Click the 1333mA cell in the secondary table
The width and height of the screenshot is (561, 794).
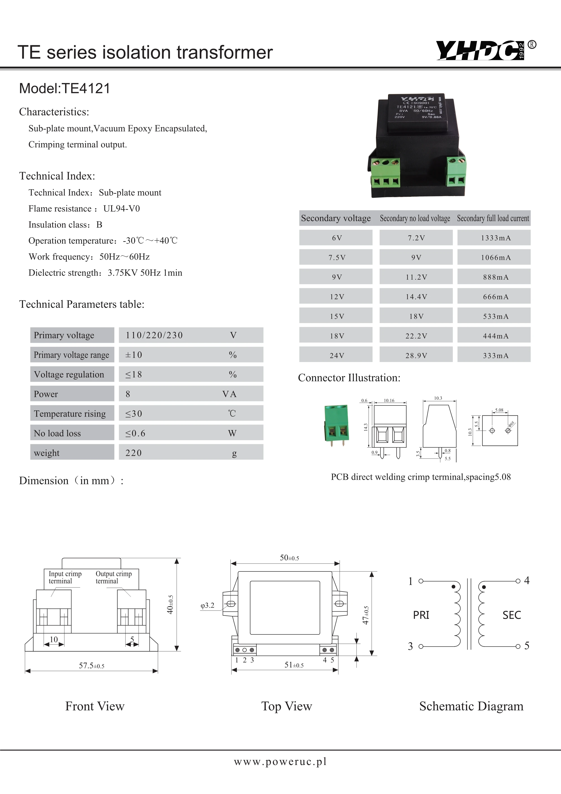click(495, 238)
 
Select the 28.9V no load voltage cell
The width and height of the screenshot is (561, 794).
click(416, 355)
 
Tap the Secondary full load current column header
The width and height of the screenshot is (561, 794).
click(493, 218)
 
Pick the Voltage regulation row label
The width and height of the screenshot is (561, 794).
click(69, 374)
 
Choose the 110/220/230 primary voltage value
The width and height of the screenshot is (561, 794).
click(154, 335)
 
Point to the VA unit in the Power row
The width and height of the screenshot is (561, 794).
click(229, 394)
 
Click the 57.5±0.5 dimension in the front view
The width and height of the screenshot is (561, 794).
click(92, 666)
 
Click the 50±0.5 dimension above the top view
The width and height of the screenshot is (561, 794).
click(289, 558)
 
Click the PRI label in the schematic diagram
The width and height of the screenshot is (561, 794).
click(421, 615)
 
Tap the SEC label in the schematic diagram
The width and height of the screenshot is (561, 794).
click(512, 615)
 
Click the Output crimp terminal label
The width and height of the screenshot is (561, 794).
click(113, 577)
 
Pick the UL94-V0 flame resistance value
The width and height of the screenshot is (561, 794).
click(122, 209)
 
